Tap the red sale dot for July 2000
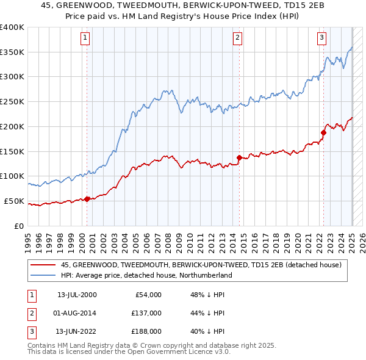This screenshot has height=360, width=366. [x=87, y=198]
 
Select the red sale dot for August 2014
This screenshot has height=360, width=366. [x=239, y=157]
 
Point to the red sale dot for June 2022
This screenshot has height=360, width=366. [x=324, y=132]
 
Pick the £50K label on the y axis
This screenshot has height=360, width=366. [x=14, y=201]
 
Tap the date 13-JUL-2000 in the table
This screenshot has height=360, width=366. [x=77, y=295]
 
